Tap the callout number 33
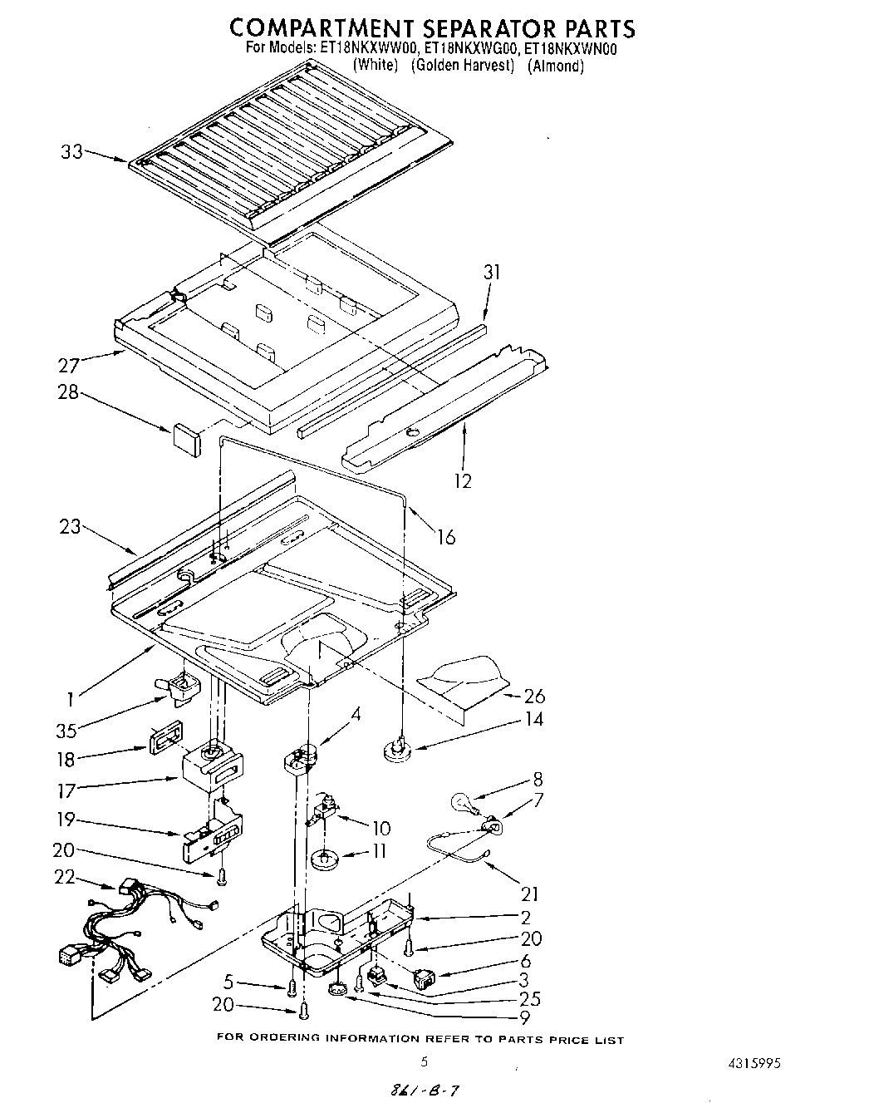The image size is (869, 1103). [x=72, y=152]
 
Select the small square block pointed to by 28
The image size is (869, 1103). [x=186, y=438]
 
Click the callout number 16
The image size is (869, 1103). [x=446, y=537]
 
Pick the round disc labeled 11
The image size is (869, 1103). [x=324, y=858]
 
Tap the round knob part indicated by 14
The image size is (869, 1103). [x=396, y=751]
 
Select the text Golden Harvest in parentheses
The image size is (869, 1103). [x=463, y=65]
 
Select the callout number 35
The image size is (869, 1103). [x=66, y=730]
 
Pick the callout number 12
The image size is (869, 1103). [x=463, y=480]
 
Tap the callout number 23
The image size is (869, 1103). [x=71, y=525]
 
